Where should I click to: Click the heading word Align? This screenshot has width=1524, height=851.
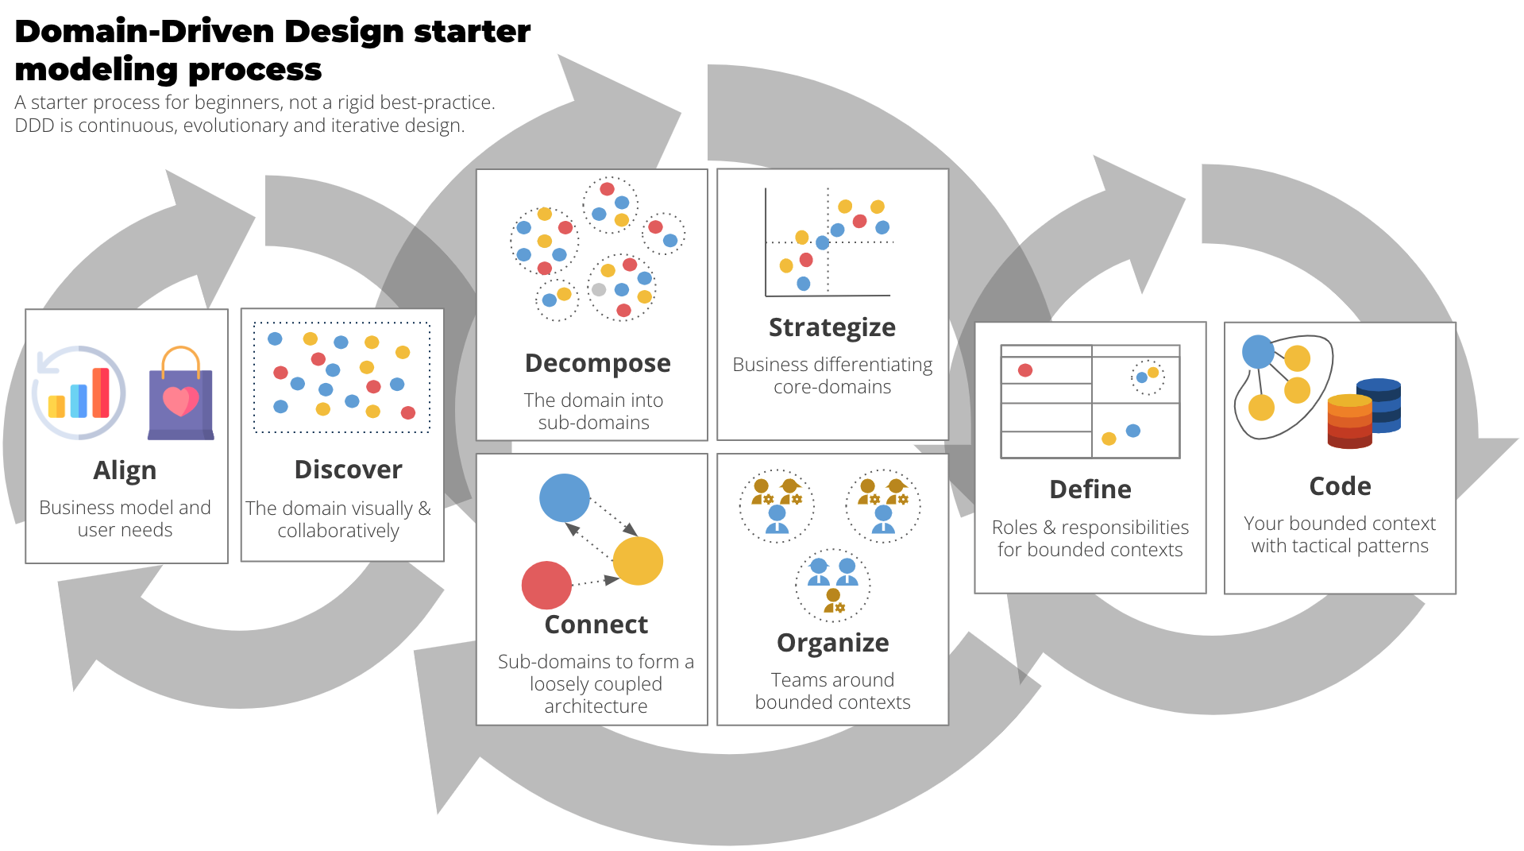[125, 470]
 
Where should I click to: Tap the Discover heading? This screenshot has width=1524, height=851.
[348, 470]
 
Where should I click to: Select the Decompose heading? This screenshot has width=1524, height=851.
[597, 363]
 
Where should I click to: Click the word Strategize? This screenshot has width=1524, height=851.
[831, 327]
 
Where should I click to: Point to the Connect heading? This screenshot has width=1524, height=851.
[596, 625]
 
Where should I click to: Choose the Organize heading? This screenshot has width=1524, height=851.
[832, 643]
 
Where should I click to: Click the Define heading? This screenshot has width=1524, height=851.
[1090, 489]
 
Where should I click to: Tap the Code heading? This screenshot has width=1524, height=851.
[1340, 486]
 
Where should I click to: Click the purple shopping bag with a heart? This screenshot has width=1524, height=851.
[181, 396]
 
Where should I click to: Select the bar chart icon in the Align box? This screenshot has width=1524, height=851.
[79, 393]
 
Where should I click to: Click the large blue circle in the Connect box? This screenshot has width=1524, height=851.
[565, 498]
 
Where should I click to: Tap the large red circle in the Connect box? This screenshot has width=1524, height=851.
[546, 586]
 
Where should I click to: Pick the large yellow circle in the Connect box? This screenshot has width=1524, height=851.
[638, 561]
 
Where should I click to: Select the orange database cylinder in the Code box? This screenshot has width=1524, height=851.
[1349, 421]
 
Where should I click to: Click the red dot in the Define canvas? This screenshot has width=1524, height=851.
[1025, 370]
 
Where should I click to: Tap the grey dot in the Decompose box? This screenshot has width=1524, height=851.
[599, 290]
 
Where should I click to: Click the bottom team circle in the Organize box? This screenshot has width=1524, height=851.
[833, 586]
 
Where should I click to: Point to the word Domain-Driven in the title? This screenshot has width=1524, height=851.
[145, 32]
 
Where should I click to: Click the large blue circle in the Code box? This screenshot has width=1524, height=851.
[1258, 352]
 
